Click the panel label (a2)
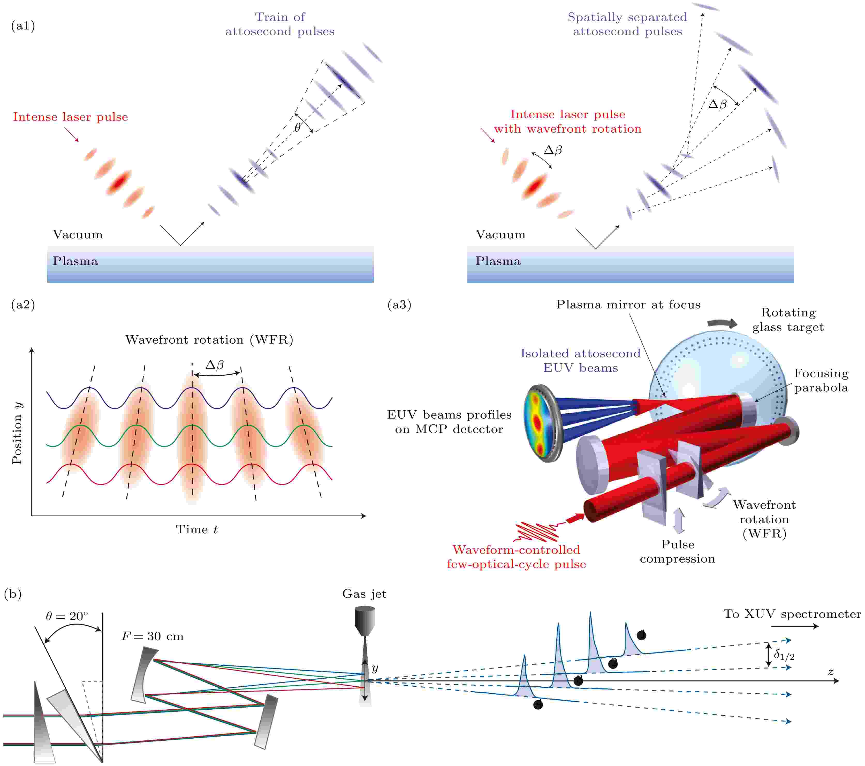[x=23, y=305]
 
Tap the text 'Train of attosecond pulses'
[x=280, y=24]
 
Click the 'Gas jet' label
[x=364, y=594]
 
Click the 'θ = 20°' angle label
[x=67, y=616]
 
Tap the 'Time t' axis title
[x=197, y=529]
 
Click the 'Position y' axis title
[x=17, y=433]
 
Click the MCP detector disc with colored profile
[x=540, y=423]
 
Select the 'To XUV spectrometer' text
[x=792, y=614]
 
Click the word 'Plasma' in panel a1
[x=75, y=261]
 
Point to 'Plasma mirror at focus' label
[x=628, y=305]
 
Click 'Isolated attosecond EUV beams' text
[x=581, y=361]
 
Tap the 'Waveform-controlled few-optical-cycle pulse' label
[x=516, y=557]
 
